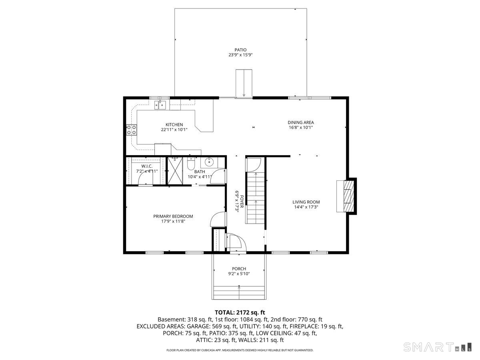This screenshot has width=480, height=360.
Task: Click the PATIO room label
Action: click(240, 50)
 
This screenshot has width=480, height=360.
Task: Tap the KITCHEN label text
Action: click(174, 125)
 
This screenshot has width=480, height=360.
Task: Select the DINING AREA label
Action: click(301, 123)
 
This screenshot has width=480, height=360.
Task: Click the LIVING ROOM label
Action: click(306, 202)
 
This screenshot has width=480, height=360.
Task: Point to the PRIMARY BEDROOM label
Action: click(173, 216)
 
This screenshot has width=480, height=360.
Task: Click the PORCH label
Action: click(239, 269)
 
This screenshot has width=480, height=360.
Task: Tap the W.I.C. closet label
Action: click(147, 166)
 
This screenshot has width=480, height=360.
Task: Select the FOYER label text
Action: click(242, 202)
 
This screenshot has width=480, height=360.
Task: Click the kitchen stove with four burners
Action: click(132, 130)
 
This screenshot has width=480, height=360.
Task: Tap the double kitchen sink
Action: click(160, 105)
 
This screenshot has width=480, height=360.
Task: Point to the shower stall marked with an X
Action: click(175, 171)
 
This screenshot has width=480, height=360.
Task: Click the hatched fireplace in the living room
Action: click(348, 196)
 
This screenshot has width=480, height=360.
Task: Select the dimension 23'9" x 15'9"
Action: click(240, 55)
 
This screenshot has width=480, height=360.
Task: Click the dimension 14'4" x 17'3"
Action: click(306, 207)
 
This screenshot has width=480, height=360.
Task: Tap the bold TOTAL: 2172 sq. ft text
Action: click(240, 312)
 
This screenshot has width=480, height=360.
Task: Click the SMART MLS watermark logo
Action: click(437, 347)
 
